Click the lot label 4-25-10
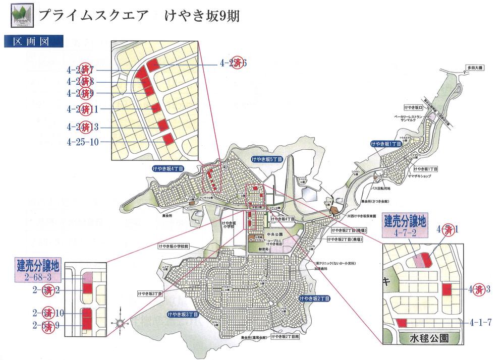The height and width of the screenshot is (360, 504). coord(83,143)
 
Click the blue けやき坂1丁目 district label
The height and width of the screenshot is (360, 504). coord(386,144)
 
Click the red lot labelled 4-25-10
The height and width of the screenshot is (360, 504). coord(169,139)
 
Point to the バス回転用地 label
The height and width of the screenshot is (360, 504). coord(381,188)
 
